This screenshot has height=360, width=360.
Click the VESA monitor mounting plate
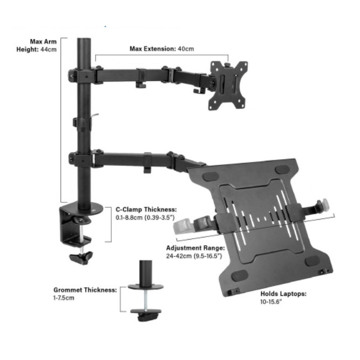pyautogui.click(x=228, y=85)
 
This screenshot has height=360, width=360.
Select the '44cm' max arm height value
pyautogui.click(x=49, y=49)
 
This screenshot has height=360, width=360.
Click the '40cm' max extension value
pyautogui.click(x=186, y=49)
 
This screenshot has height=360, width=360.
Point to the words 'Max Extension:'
pyautogui.click(x=153, y=49)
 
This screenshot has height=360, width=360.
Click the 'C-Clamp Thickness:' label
pyautogui.click(x=146, y=209)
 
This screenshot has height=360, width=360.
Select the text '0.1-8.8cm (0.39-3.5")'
pyautogui.click(x=145, y=218)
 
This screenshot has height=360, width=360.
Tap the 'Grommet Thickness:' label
pyautogui.click(x=85, y=290)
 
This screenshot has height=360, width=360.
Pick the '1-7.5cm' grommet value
pyautogui.click(x=64, y=298)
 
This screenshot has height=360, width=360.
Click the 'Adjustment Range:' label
pyautogui.click(x=195, y=248)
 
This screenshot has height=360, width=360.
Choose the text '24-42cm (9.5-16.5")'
pyautogui.click(x=194, y=256)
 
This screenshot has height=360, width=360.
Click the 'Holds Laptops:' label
pyautogui.click(x=283, y=294)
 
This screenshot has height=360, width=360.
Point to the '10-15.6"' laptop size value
pyautogui.click(x=271, y=302)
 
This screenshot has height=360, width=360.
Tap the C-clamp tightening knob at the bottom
pyautogui.click(x=81, y=258)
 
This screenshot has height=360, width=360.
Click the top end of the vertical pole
pyautogui.click(x=84, y=39)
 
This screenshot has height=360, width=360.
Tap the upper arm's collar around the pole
pyautogui.click(x=82, y=76)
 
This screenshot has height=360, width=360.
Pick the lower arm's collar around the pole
pyautogui.click(x=82, y=159)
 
